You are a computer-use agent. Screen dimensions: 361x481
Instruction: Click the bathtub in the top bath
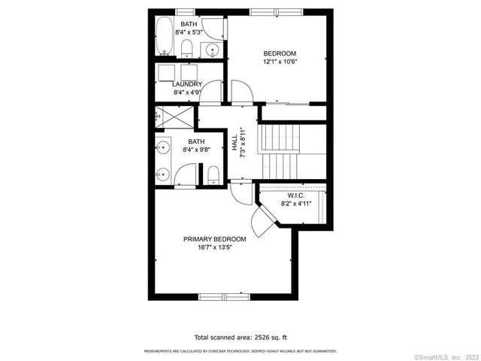click(x=164, y=37)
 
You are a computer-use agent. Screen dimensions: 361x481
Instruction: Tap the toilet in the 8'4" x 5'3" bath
click(x=187, y=49)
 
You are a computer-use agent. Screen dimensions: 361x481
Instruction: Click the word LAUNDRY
click(x=186, y=84)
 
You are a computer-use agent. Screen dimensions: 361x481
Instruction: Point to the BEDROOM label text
click(x=279, y=53)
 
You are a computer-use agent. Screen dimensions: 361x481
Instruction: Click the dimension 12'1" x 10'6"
click(x=279, y=62)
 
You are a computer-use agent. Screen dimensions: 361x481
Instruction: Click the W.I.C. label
click(x=293, y=195)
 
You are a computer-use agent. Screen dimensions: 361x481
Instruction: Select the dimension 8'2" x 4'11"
click(x=296, y=204)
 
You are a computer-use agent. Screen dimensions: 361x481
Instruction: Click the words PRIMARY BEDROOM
click(x=214, y=239)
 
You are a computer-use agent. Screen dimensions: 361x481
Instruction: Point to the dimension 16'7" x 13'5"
click(x=214, y=248)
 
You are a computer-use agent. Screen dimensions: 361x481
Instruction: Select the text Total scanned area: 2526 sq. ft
click(x=240, y=338)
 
